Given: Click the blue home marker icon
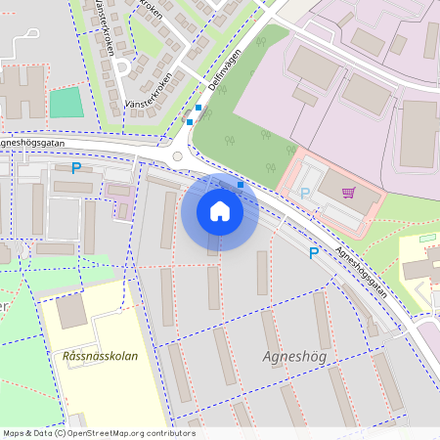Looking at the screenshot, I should pyautogui.click(x=219, y=210).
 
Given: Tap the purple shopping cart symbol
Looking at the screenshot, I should pyautogui.click(x=348, y=192).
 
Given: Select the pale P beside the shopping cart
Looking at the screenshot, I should pyautogui.click(x=304, y=194).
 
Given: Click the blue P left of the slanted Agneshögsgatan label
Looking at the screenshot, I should pyautogui.click(x=314, y=253).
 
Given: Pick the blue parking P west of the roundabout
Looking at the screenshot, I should pyautogui.click(x=75, y=168).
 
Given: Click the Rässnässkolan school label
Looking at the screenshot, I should pyautogui.click(x=99, y=356).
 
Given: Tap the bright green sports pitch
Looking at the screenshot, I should pyautogui.click(x=66, y=103).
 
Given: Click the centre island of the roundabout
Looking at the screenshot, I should pyautogui.click(x=178, y=156).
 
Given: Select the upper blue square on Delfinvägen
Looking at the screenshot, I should pyautogui.click(x=198, y=108).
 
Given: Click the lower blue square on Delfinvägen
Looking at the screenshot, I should pyautogui.click(x=190, y=122).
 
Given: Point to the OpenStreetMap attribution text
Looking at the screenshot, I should pyautogui.click(x=99, y=433).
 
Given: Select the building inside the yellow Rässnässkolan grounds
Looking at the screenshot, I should pyautogui.click(x=70, y=311).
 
